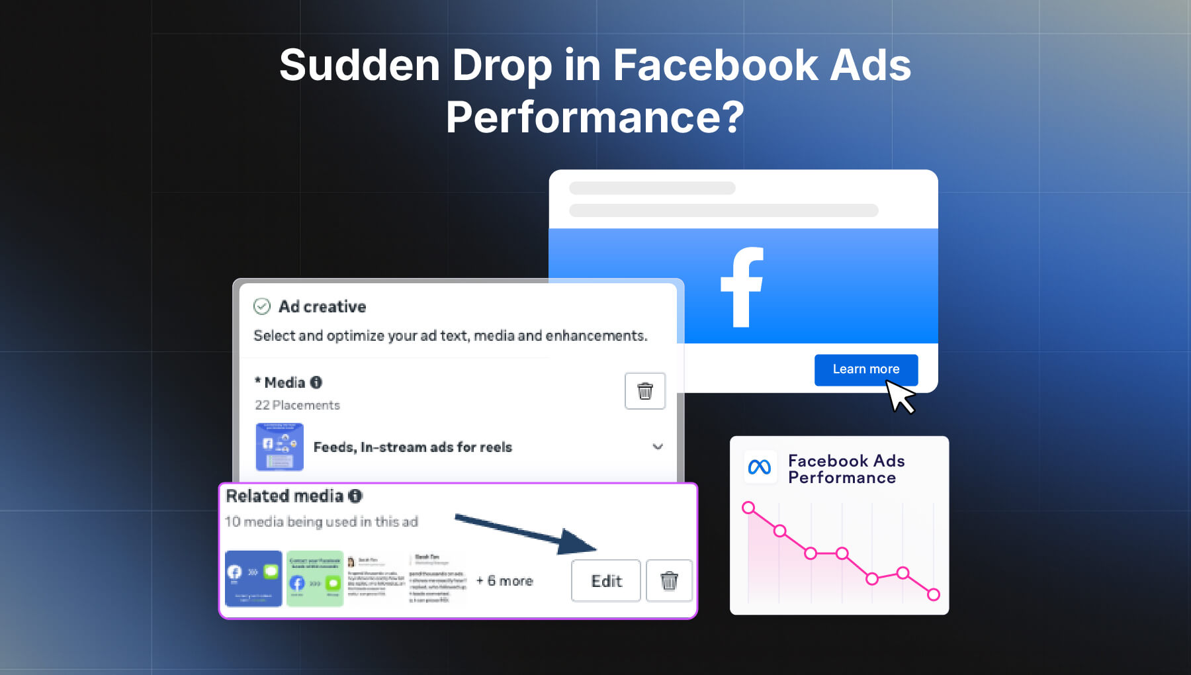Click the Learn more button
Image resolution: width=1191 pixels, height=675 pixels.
[x=865, y=369]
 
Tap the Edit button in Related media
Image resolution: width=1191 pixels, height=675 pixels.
[x=606, y=581]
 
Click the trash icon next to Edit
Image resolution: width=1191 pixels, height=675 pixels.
[x=669, y=581]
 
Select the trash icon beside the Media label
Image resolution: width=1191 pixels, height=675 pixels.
[x=644, y=391]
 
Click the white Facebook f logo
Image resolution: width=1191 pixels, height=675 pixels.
[x=742, y=287]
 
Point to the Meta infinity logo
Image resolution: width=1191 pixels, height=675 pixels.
[x=759, y=467]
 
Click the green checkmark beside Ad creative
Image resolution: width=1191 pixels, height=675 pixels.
[x=262, y=306]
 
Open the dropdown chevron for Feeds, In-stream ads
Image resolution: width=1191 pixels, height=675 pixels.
[x=658, y=447]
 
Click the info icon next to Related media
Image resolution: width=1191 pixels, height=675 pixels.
[x=355, y=496]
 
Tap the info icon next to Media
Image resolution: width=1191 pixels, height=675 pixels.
[x=316, y=382]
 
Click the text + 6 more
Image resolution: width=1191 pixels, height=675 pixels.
[x=505, y=581]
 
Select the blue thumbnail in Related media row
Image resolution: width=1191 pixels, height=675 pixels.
[x=253, y=578]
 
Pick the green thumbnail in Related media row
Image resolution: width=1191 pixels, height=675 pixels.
[x=315, y=578]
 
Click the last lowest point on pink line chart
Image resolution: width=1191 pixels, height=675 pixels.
[x=934, y=594]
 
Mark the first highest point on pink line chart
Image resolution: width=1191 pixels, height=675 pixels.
[x=748, y=508]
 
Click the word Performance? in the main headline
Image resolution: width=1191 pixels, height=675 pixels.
[x=595, y=117]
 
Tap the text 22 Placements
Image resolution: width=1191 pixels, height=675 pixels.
[x=297, y=405]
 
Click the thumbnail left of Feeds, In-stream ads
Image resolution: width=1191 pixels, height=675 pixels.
[x=279, y=447]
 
